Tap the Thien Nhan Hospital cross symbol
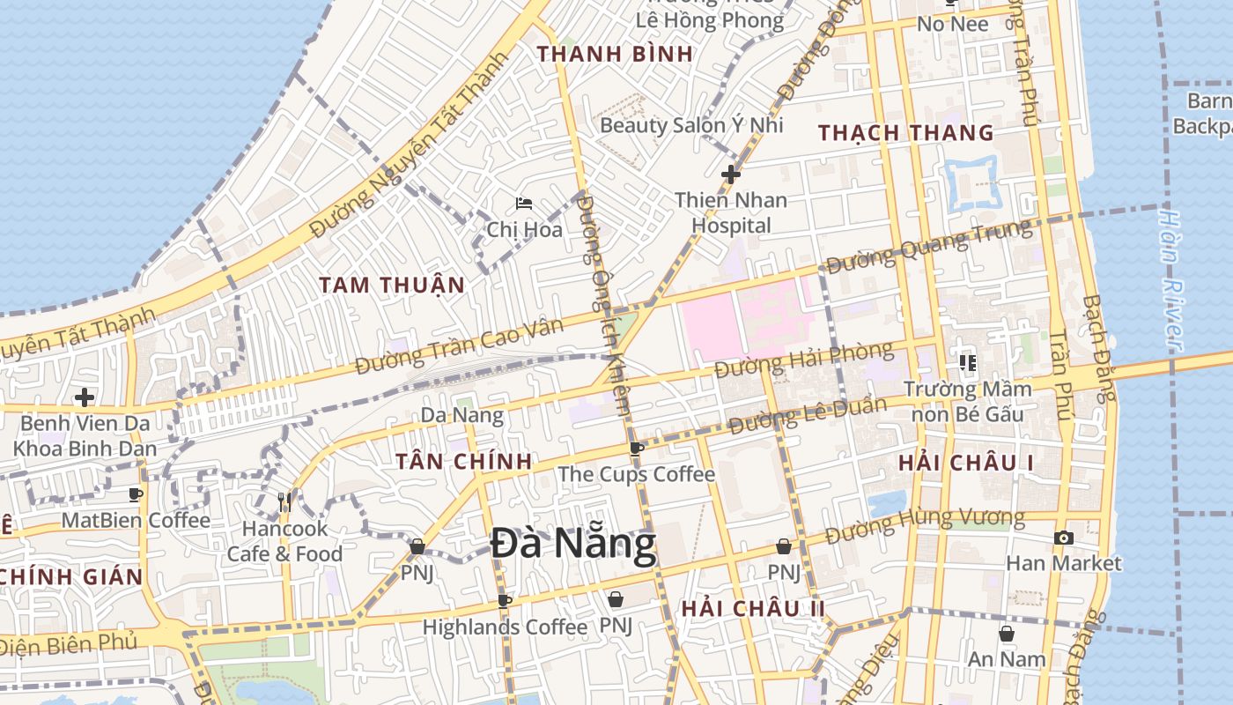pos(730,174)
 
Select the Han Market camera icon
pos(1063,538)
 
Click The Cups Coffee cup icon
pos(636,449)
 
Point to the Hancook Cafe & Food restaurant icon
pos(284,502)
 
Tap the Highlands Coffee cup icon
pos(504,602)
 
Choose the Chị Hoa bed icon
pos(524,204)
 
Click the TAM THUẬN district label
pos(391,285)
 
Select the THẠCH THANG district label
pos(905,133)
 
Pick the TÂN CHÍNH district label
pos(463,461)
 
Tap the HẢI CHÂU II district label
pos(753,608)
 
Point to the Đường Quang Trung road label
pos(929,247)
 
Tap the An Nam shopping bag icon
pos(1006,634)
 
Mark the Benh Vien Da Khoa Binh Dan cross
pos(85,397)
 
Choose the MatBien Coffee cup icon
pos(136,495)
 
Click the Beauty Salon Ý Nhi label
pos(691,125)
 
